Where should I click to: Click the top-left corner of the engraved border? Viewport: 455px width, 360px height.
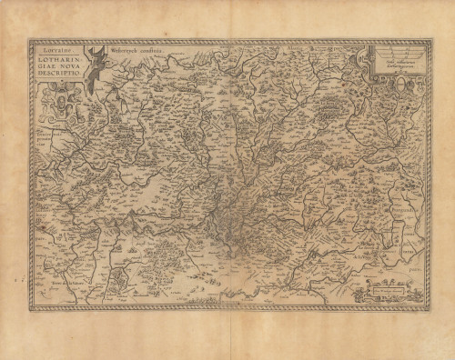coord(30,41)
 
